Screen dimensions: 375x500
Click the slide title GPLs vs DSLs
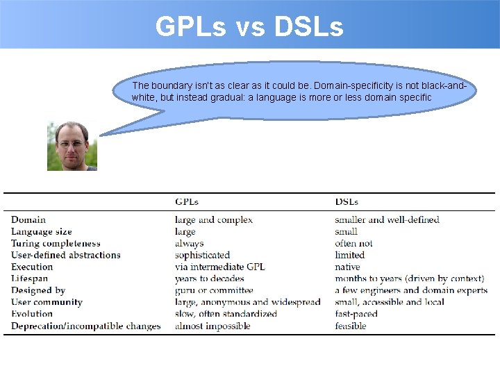(x=249, y=26)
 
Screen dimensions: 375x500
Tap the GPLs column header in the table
(x=187, y=202)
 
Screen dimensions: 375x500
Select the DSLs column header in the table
(x=347, y=202)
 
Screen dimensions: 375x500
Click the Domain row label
(x=28, y=220)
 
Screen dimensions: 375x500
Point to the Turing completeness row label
(x=56, y=244)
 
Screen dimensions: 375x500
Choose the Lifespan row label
(x=30, y=278)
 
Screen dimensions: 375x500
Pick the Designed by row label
(x=38, y=290)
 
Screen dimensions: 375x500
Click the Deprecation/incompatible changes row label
(x=85, y=326)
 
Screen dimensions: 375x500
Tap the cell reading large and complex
(x=214, y=220)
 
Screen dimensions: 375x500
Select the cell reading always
(x=190, y=244)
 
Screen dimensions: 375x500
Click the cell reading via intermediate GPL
(x=220, y=267)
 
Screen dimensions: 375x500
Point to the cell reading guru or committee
(x=214, y=290)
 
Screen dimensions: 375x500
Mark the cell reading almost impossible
(x=212, y=326)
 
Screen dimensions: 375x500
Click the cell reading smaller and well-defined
(x=387, y=220)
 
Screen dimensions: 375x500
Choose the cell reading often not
(x=353, y=244)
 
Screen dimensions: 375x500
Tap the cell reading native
(x=347, y=267)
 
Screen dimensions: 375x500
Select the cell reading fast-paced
(x=356, y=314)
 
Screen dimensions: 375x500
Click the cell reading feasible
(x=351, y=326)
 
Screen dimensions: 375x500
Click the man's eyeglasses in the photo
(x=72, y=143)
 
